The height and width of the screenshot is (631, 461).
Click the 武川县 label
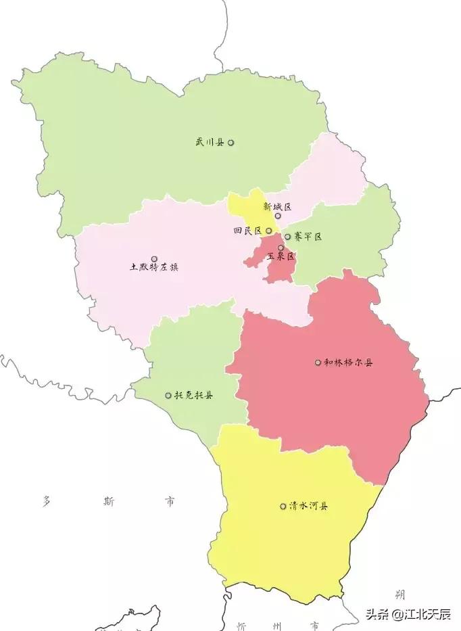[209, 143]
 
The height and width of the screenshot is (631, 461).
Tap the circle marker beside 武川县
[231, 143]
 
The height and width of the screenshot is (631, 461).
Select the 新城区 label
[277, 206]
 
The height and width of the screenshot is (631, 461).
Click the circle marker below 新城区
[278, 216]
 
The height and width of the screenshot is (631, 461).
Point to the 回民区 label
[247, 231]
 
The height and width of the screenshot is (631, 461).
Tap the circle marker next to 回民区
[269, 231]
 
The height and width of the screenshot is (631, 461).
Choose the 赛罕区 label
[308, 237]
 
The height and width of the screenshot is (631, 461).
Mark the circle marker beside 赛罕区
[287, 237]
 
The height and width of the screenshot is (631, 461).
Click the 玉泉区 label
[281, 257]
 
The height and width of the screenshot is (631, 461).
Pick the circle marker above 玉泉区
[281, 248]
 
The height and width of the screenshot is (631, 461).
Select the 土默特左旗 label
[154, 267]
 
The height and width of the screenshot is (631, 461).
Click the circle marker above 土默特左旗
[154, 258]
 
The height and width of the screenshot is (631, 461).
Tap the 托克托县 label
[193, 395]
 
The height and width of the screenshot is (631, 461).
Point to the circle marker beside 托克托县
[168, 395]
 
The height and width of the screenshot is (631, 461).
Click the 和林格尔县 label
[348, 363]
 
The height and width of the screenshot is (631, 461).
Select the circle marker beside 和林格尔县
[318, 363]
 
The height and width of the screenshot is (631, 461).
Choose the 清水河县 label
[308, 506]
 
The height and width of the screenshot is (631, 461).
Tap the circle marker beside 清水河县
[283, 506]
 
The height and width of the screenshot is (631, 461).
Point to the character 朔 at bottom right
[400, 594]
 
